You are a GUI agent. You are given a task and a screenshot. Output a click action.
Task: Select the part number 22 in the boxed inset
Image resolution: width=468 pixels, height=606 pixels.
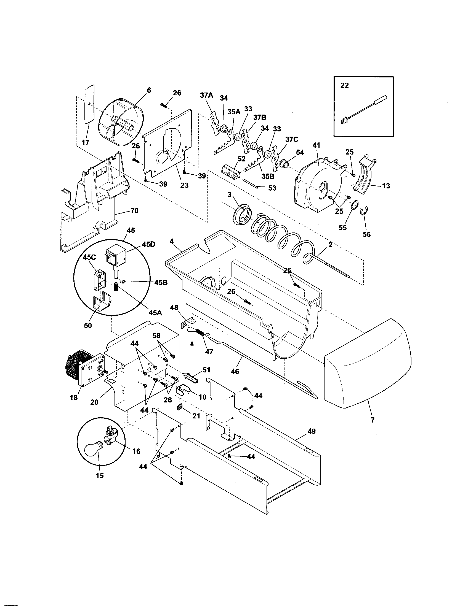pos(344,86)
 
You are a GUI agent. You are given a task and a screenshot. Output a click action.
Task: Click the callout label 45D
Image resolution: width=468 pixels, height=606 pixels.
pos(149,244)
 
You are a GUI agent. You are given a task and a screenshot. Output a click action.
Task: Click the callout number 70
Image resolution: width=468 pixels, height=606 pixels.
pos(134,211)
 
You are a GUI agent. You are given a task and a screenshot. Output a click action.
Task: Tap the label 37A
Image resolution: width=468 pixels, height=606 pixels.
pos(206,96)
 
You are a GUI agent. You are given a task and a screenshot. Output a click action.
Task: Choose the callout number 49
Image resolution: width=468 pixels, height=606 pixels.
pos(312,431)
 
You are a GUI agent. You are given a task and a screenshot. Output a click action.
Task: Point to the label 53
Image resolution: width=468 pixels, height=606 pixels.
pos(272,188)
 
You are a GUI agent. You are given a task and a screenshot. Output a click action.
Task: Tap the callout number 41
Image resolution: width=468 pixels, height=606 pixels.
pos(316,145)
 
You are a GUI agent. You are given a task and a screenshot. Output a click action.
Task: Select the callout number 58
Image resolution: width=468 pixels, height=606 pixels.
pos(156,336)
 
